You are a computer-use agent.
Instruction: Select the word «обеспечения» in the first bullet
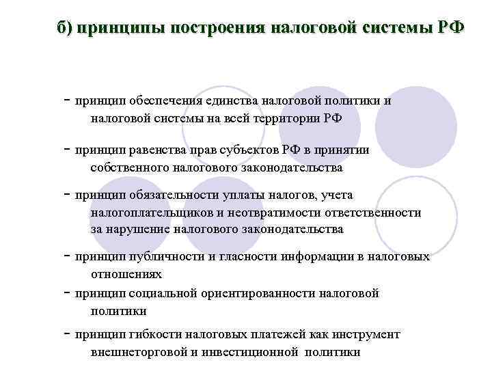click(x=163, y=102)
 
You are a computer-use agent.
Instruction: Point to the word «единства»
click(x=231, y=102)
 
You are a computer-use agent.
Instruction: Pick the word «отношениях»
click(x=126, y=274)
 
